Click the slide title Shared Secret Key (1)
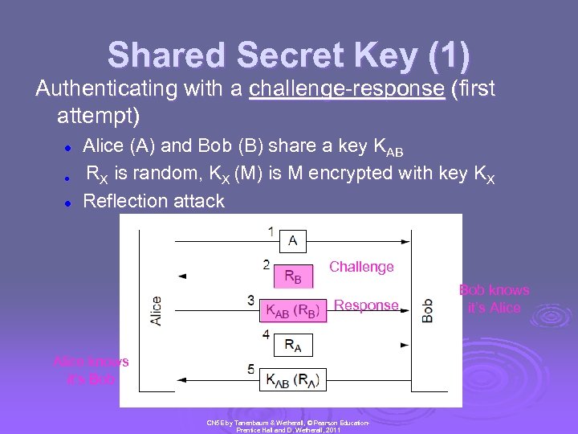coord(289,55)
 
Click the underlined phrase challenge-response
coord(347,88)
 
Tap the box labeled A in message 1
coord(293,240)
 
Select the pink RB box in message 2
coord(293,276)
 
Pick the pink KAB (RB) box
coord(295,311)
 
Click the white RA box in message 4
coord(293,346)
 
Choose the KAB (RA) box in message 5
coord(293,379)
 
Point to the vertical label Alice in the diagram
coord(155,310)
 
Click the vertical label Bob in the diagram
coord(428,310)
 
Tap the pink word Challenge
coord(361,267)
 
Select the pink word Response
coord(366,305)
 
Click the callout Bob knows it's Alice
coord(494,299)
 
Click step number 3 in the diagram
coord(251,301)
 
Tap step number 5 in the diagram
coord(251,370)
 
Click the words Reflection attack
coord(154,201)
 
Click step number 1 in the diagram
coord(271,231)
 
